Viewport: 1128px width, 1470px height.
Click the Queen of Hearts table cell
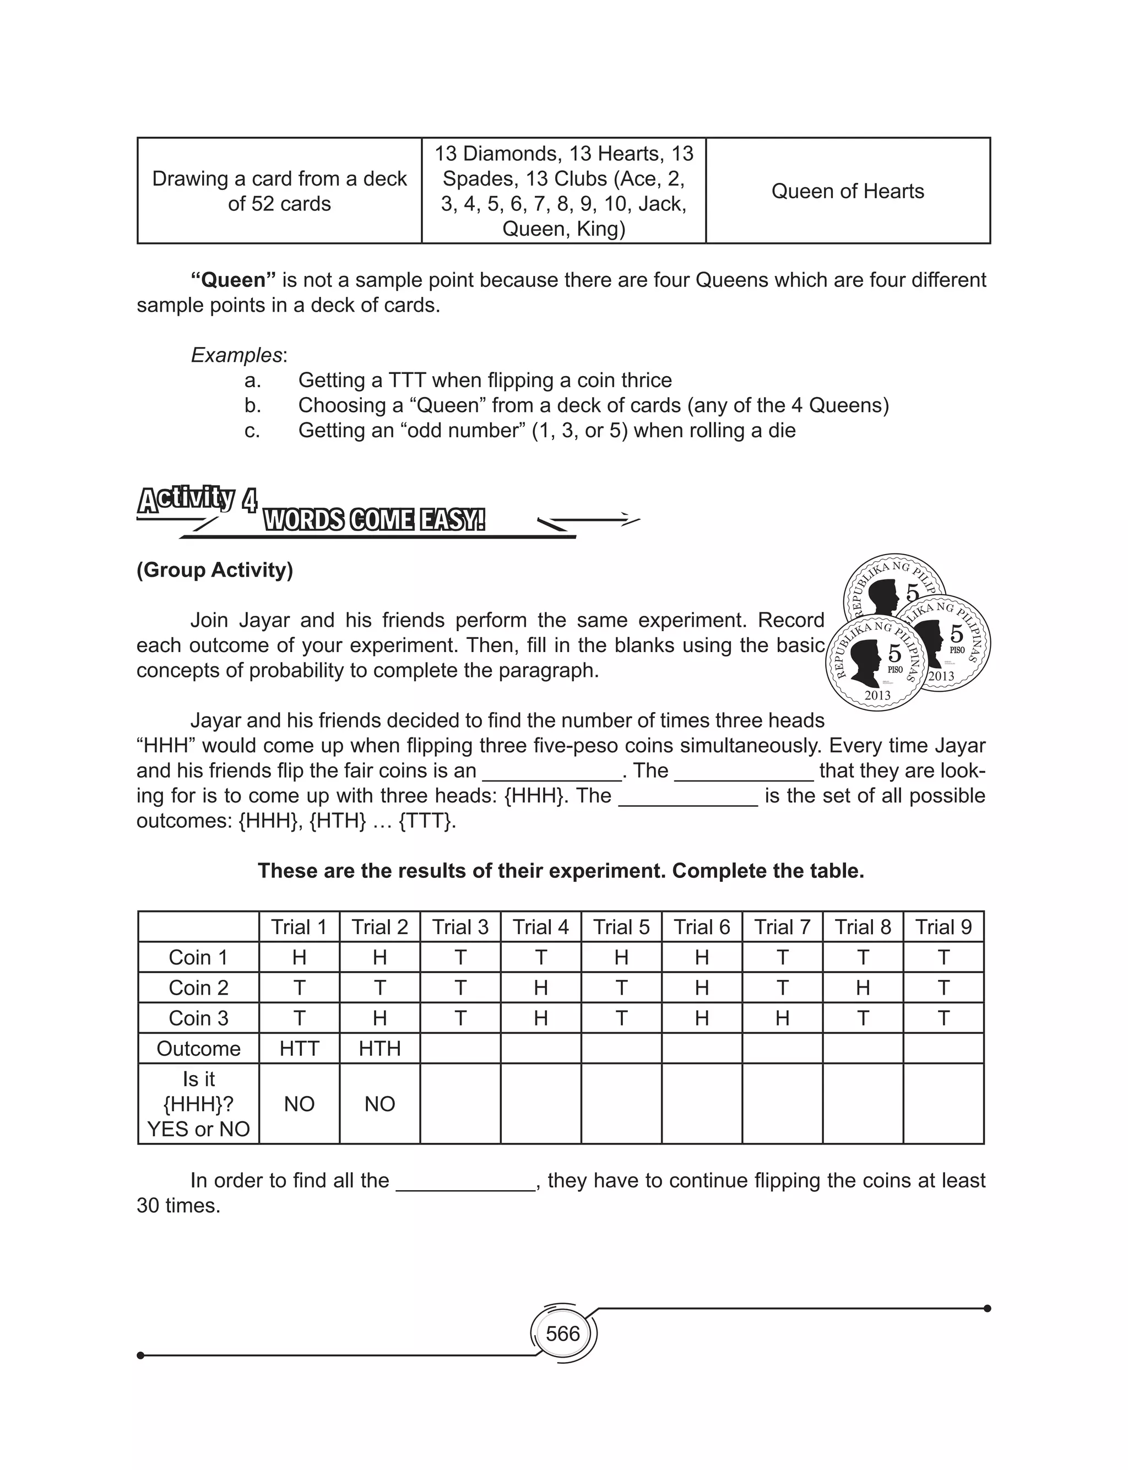pos(847,191)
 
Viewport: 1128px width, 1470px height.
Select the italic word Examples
pos(236,355)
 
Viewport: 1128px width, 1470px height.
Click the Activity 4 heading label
pos(196,500)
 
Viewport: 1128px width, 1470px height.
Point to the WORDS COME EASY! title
pos(374,520)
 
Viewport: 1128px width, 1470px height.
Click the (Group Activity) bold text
pos(215,570)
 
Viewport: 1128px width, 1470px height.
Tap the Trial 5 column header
pos(621,927)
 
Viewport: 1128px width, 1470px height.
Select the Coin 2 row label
pos(198,988)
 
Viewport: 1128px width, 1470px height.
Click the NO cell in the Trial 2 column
pos(379,1104)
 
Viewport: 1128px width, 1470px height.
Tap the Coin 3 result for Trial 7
pos(782,1018)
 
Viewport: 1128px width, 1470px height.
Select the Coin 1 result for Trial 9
pos(943,957)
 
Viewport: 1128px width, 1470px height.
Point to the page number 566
pos(563,1334)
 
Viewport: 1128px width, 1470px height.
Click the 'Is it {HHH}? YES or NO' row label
pos(198,1104)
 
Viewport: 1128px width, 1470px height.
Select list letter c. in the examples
pos(252,431)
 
